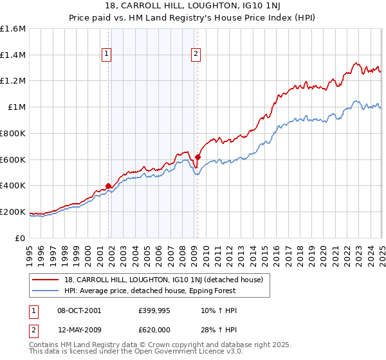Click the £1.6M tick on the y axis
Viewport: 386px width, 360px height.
pyautogui.click(x=12, y=29)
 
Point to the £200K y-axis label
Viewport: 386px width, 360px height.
pyautogui.click(x=12, y=212)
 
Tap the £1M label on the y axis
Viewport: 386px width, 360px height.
pyautogui.click(x=16, y=107)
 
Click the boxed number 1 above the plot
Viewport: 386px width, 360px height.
pyautogui.click(x=106, y=55)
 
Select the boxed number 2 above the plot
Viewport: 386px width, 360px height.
pyautogui.click(x=195, y=55)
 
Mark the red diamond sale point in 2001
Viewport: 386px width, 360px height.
pyautogui.click(x=108, y=186)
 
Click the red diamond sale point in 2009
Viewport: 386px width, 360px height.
pyautogui.click(x=198, y=157)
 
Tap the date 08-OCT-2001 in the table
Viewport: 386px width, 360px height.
pyautogui.click(x=79, y=310)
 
